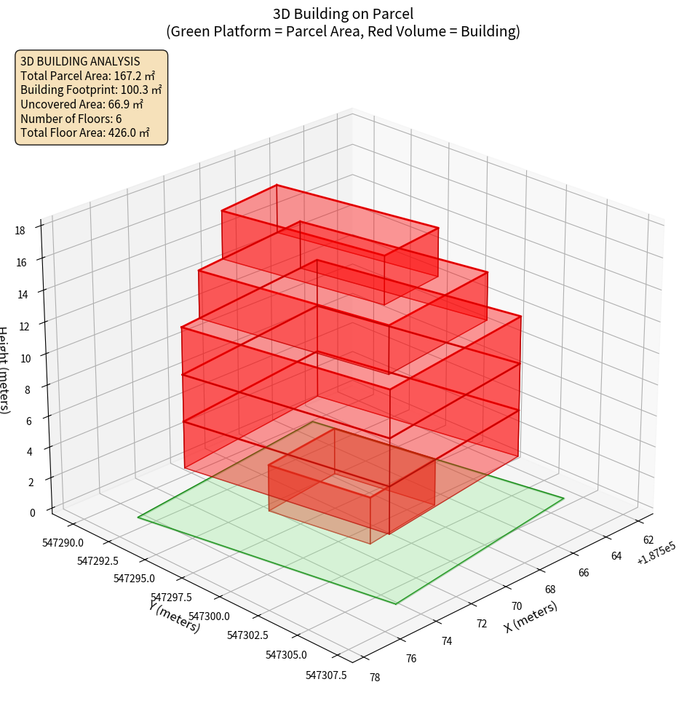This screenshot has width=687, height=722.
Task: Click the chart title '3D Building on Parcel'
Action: click(343, 13)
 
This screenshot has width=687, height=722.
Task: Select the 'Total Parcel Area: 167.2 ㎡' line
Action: click(87, 76)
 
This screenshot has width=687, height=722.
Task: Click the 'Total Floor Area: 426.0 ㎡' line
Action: click(85, 133)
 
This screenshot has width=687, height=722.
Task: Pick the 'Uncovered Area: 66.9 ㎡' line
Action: click(82, 105)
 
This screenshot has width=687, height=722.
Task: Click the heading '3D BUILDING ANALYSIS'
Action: click(80, 61)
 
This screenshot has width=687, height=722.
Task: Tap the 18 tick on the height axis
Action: click(20, 231)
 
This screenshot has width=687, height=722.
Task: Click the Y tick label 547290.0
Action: click(63, 542)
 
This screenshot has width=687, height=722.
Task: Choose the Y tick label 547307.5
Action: click(326, 675)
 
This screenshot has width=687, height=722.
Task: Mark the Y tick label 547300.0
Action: click(207, 616)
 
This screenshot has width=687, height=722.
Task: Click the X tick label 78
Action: click(375, 678)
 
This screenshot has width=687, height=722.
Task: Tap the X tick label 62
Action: click(648, 540)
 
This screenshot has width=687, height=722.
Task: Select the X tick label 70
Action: click(517, 606)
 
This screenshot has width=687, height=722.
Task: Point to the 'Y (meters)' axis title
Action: click(175, 616)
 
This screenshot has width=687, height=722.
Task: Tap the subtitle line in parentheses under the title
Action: click(343, 31)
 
